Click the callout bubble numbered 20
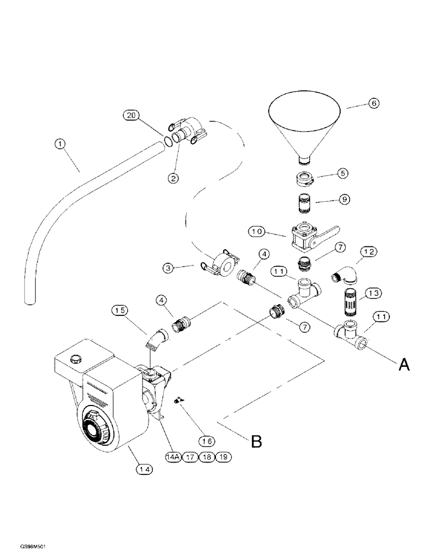click(131, 115)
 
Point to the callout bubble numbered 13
click(372, 293)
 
